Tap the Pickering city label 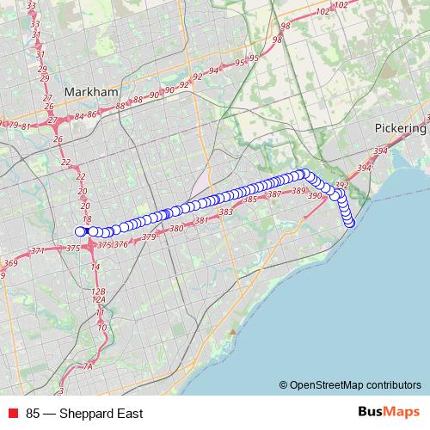point(400,128)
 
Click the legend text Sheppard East point(83,413)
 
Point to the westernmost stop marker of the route point(81,230)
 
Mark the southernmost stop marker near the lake point(350,224)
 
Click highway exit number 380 point(177,229)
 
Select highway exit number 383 point(226,212)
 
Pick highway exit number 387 point(274,195)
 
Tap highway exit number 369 point(10,263)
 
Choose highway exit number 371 point(38,251)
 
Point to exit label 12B point(99,292)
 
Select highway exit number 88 point(133,104)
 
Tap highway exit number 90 point(155,95)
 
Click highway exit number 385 point(250,200)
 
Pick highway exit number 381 point(202,221)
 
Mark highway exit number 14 point(95,267)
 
